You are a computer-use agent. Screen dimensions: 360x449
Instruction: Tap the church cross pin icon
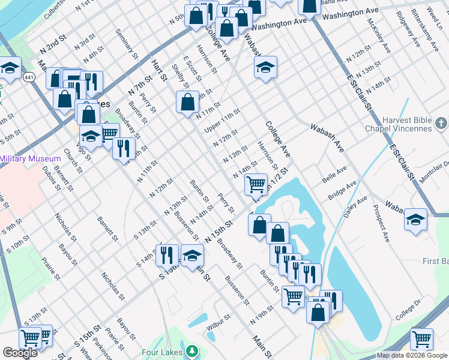(x=441, y=124)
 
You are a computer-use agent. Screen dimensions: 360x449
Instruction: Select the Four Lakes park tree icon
(x=191, y=350)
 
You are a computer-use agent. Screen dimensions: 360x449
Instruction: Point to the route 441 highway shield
(x=28, y=77)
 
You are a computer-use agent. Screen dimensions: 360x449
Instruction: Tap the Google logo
(x=20, y=353)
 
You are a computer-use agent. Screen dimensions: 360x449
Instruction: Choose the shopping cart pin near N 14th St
(x=256, y=184)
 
